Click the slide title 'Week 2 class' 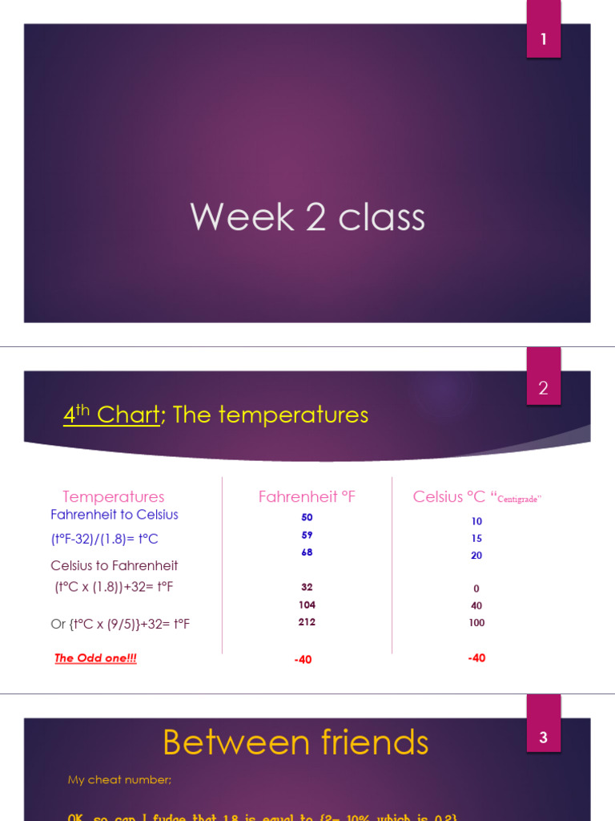307,217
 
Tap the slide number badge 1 544,38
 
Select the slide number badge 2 544,388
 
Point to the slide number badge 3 544,737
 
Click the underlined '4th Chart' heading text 111,415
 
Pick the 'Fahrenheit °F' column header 307,497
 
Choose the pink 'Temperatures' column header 114,497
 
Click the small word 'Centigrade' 519,499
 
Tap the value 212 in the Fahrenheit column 307,622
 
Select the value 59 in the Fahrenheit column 307,535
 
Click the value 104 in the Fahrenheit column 307,605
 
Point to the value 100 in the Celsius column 476,623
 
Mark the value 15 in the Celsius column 476,538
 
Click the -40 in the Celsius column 476,658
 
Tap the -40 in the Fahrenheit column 303,660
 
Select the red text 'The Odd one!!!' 95,658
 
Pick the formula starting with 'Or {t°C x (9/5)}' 120,624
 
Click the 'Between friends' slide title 295,742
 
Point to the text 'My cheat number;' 119,779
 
